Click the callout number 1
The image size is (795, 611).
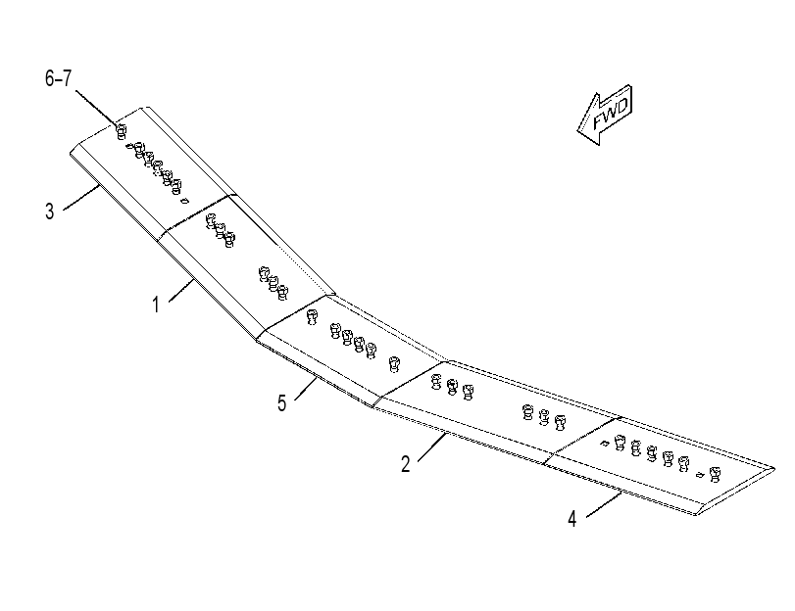tap(156, 305)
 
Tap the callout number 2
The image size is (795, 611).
tap(406, 464)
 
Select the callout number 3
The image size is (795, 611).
tap(49, 211)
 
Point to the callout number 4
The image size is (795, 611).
tap(572, 519)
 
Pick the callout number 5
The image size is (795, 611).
tap(282, 403)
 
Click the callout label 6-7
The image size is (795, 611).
tap(58, 78)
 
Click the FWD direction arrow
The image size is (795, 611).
tap(605, 115)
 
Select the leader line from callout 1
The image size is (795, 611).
tap(181, 290)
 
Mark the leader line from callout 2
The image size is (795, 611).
tap(432, 446)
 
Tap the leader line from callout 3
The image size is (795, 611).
tap(81, 198)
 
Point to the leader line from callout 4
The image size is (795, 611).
tap(604, 504)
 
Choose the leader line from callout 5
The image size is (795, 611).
tap(306, 388)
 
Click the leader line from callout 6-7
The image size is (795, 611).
tap(96, 108)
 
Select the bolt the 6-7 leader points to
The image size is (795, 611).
tap(122, 132)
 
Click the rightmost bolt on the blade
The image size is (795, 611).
tap(715, 475)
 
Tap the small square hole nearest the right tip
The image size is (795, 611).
tap(700, 475)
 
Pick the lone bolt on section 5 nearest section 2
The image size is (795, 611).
tap(394, 364)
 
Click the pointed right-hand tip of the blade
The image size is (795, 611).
tap(774, 469)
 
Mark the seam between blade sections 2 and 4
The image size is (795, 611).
tap(582, 441)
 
